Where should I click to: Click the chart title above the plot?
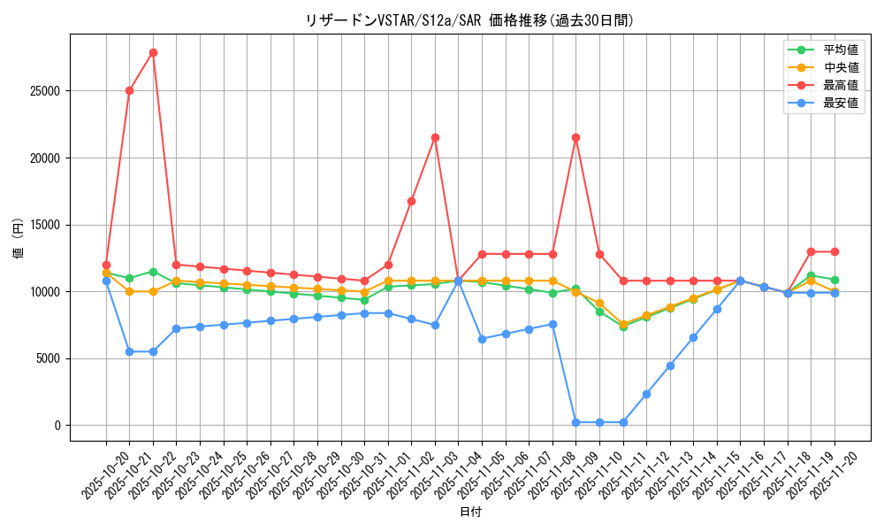tap(469, 20)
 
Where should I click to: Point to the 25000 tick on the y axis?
tap(44, 91)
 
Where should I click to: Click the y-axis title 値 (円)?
tap(18, 238)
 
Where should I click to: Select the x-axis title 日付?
tap(470, 512)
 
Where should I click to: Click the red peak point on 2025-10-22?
tap(153, 52)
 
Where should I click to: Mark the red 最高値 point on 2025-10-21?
tap(129, 90)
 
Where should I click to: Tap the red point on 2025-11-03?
tap(435, 137)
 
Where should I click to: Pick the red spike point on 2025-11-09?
tap(575, 137)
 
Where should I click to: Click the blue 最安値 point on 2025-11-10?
tap(599, 422)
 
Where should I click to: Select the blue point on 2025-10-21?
tap(129, 351)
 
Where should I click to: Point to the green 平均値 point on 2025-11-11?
tap(623, 327)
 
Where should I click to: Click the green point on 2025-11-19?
tap(811, 275)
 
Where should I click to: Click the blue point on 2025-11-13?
tap(670, 366)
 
